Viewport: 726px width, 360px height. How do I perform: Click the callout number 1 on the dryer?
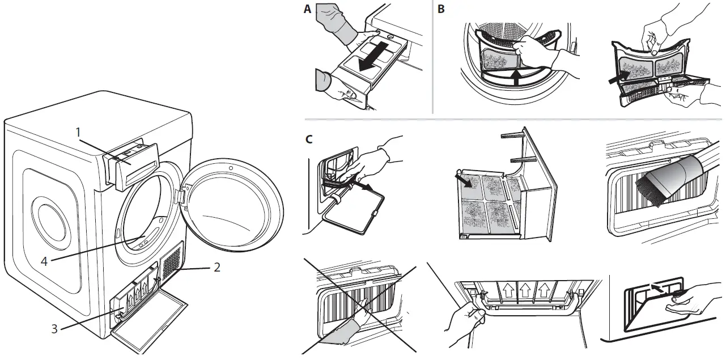(x=79, y=132)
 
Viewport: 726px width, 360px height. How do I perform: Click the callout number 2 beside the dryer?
(x=216, y=267)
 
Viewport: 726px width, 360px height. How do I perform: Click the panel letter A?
(x=308, y=9)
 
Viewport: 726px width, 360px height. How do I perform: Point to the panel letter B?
(x=441, y=9)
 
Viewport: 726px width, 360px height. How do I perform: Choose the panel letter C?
(x=308, y=139)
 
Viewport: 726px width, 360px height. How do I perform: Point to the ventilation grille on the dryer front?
(x=171, y=262)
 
